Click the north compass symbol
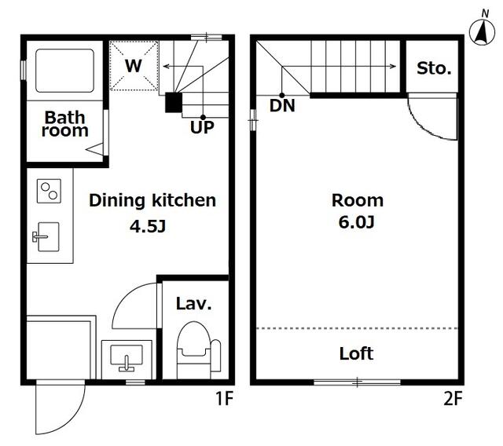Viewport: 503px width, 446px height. (x=482, y=31)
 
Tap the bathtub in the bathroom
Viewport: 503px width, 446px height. (x=64, y=71)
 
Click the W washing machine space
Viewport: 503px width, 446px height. (x=134, y=65)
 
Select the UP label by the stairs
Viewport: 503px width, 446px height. (x=202, y=127)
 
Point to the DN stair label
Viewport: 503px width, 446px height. (x=282, y=105)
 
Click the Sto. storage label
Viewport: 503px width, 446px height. (x=434, y=68)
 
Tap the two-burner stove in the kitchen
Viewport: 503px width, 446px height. (x=49, y=191)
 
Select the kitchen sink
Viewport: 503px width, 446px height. (x=46, y=237)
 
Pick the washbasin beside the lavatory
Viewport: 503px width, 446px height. (x=127, y=358)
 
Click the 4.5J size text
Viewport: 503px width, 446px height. (x=148, y=226)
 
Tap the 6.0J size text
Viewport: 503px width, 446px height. (x=356, y=222)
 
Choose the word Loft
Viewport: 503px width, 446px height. (x=356, y=353)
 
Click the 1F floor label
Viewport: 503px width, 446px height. (x=224, y=399)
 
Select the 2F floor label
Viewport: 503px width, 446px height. (x=453, y=399)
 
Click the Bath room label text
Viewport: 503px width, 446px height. (x=64, y=124)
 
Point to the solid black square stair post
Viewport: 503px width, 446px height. (x=174, y=103)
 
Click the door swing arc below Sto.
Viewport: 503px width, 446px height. (x=427, y=126)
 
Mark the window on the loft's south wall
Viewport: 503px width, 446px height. (x=357, y=382)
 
